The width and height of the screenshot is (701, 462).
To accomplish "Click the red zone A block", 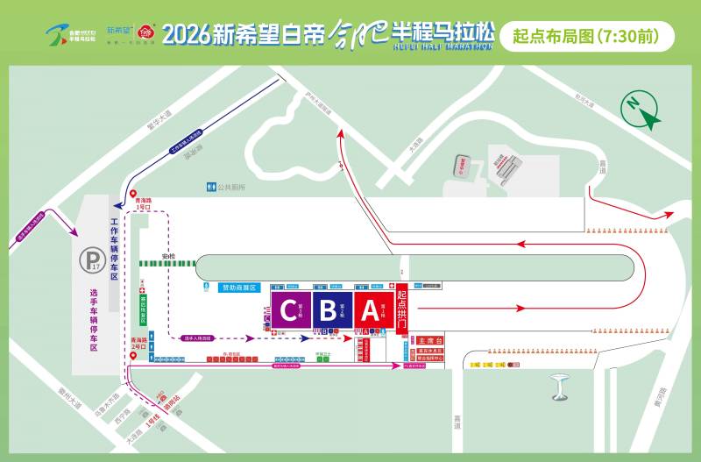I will tap(370, 309).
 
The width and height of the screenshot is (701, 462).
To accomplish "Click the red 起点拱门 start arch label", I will tap(402, 308).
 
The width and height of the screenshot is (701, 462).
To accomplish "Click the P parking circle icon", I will tap(91, 259).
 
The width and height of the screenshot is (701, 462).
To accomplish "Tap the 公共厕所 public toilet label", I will tap(230, 187).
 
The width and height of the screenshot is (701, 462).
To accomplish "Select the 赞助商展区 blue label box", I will tap(238, 287).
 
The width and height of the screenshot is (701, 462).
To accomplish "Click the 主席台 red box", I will tap(432, 340).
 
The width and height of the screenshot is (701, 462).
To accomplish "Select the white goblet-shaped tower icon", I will tap(557, 384).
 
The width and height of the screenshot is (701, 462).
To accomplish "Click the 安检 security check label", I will tap(169, 257).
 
